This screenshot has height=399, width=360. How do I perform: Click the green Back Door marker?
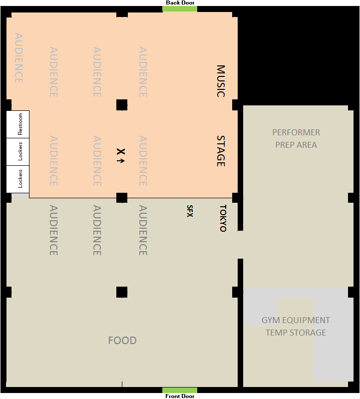(x=180, y=9)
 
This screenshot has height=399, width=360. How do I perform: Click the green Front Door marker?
(x=180, y=390)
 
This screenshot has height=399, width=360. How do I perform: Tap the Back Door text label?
(x=180, y=2)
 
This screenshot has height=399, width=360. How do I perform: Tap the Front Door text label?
(x=180, y=396)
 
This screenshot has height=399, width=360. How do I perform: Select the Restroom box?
(x=18, y=124)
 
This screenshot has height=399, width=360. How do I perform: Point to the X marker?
(x=121, y=152)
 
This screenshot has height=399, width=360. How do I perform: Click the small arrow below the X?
(x=121, y=161)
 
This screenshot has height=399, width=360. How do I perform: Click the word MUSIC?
(x=221, y=81)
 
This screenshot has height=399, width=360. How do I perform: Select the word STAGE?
(x=221, y=151)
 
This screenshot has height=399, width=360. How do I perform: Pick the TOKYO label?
(x=223, y=218)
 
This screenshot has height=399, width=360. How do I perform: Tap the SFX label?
(x=190, y=211)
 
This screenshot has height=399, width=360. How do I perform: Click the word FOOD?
(x=122, y=340)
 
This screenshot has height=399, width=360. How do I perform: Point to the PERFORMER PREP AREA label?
(x=296, y=138)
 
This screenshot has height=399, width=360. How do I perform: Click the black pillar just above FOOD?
(x=122, y=292)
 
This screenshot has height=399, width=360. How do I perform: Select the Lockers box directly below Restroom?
(x=18, y=152)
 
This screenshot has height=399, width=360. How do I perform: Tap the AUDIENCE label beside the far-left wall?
(x=19, y=58)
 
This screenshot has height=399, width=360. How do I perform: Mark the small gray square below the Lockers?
(x=20, y=196)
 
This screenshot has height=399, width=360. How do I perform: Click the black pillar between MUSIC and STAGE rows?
(x=122, y=105)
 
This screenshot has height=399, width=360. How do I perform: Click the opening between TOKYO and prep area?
(x=241, y=245)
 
